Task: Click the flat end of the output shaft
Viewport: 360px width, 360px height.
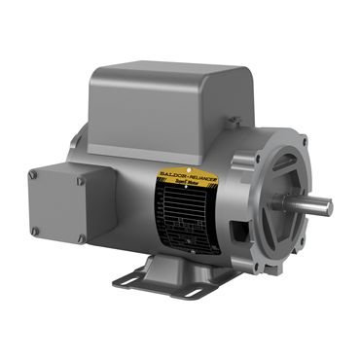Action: [328, 206]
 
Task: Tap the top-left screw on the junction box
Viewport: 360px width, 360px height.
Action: [33, 174]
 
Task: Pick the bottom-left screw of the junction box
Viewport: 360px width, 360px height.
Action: [34, 231]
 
